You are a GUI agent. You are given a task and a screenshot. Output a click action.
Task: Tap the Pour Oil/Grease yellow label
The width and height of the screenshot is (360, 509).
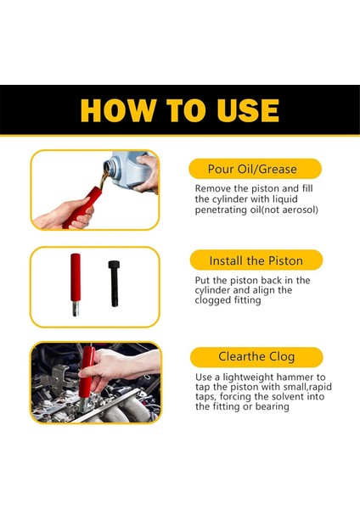click(x=255, y=169)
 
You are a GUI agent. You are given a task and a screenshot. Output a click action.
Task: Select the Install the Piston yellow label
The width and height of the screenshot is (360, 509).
click(x=256, y=260)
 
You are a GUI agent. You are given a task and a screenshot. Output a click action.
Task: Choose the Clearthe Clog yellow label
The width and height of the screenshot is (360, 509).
click(x=256, y=357)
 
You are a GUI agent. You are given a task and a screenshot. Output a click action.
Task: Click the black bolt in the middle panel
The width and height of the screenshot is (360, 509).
click(x=114, y=283)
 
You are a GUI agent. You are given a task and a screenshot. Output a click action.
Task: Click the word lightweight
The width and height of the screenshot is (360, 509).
click(x=247, y=378)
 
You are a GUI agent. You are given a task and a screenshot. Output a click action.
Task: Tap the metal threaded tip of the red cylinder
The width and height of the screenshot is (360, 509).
click(x=76, y=309)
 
